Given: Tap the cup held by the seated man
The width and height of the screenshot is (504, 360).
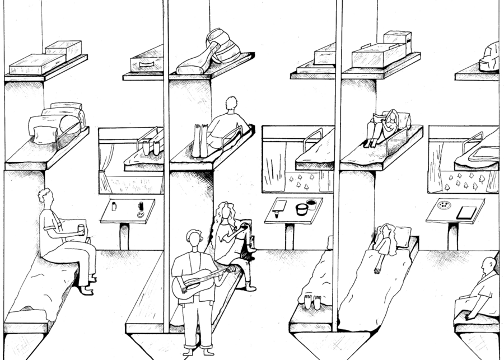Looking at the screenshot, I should (x=82, y=228).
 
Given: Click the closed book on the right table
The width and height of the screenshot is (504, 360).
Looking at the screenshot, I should (x=466, y=213).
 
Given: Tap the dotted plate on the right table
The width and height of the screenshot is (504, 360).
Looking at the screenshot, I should (x=444, y=205).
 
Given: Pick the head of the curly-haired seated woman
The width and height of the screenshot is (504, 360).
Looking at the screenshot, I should (x=226, y=213).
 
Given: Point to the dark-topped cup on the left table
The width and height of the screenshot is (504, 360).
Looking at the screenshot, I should (x=141, y=205).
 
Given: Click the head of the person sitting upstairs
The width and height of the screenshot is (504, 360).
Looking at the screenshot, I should (x=230, y=105).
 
